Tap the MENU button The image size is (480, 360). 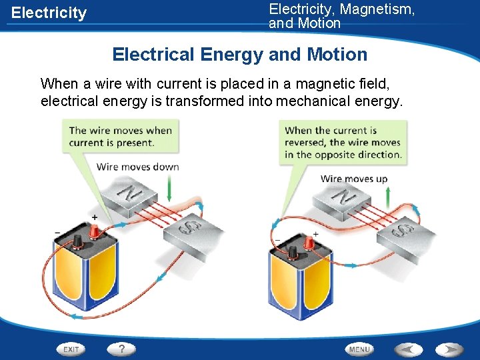[360, 349]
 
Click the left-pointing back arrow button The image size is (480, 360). [409, 349]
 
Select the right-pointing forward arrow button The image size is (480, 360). [449, 349]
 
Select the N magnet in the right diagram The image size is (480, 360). [343, 197]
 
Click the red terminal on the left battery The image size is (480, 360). [95, 231]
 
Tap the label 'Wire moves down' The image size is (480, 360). [138, 167]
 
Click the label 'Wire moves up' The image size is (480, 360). [354, 179]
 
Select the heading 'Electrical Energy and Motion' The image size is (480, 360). [240, 55]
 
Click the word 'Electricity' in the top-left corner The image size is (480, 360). [49, 13]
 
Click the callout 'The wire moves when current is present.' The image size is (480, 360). [121, 137]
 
